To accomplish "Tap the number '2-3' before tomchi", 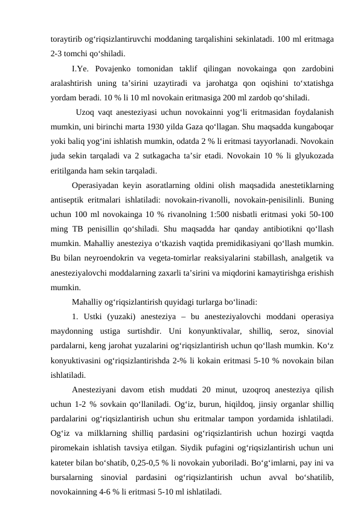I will point(58,53).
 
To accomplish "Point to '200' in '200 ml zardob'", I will point(245,96).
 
